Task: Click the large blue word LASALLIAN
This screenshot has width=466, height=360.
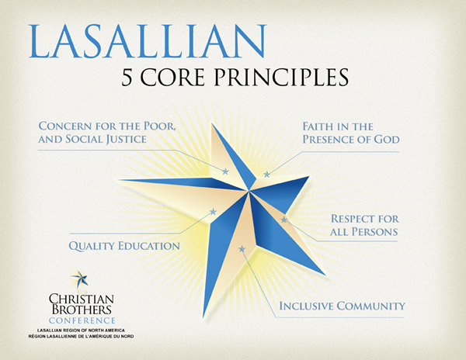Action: (148, 41)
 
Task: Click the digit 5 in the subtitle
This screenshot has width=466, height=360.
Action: (127, 77)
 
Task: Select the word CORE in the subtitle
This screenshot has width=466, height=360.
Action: (172, 77)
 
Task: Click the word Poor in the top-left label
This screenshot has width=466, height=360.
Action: (159, 126)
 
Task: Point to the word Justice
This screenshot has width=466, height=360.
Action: (126, 140)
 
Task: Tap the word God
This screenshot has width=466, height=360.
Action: (386, 140)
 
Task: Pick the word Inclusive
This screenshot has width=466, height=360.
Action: (305, 306)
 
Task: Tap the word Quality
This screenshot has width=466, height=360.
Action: (91, 246)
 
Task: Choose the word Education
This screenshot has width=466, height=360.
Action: (149, 246)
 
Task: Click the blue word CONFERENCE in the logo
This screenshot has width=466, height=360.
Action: (82, 320)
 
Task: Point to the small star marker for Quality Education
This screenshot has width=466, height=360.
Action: (213, 212)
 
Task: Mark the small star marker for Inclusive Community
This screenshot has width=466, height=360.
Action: (242, 249)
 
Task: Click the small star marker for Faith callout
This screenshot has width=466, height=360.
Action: (267, 174)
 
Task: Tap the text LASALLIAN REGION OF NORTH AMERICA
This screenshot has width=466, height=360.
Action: (81, 331)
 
